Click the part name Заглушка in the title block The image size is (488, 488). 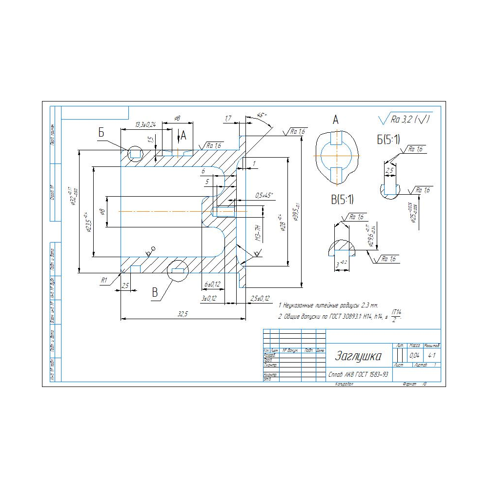(358, 356)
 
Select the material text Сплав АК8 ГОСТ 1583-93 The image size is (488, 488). (359, 375)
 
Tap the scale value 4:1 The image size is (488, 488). (431, 356)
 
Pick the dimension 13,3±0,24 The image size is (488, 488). (145, 125)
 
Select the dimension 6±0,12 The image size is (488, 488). (212, 284)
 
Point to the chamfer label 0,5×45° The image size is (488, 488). (264, 195)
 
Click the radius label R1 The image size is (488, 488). (103, 280)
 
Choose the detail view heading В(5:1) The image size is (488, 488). (342, 199)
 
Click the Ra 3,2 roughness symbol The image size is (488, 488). (405, 119)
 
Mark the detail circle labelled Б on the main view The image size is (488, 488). (135, 154)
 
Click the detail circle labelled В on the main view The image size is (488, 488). (177, 270)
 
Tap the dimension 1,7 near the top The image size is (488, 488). (228, 119)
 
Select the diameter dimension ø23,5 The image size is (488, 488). (88, 223)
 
